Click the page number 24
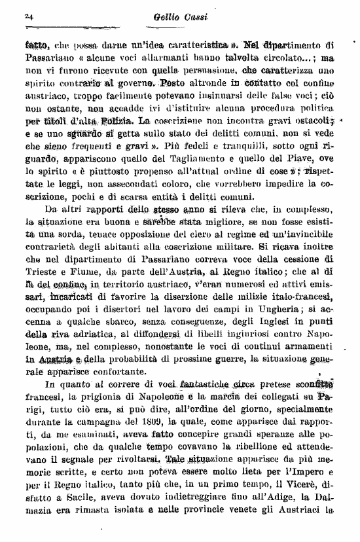[27, 16]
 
